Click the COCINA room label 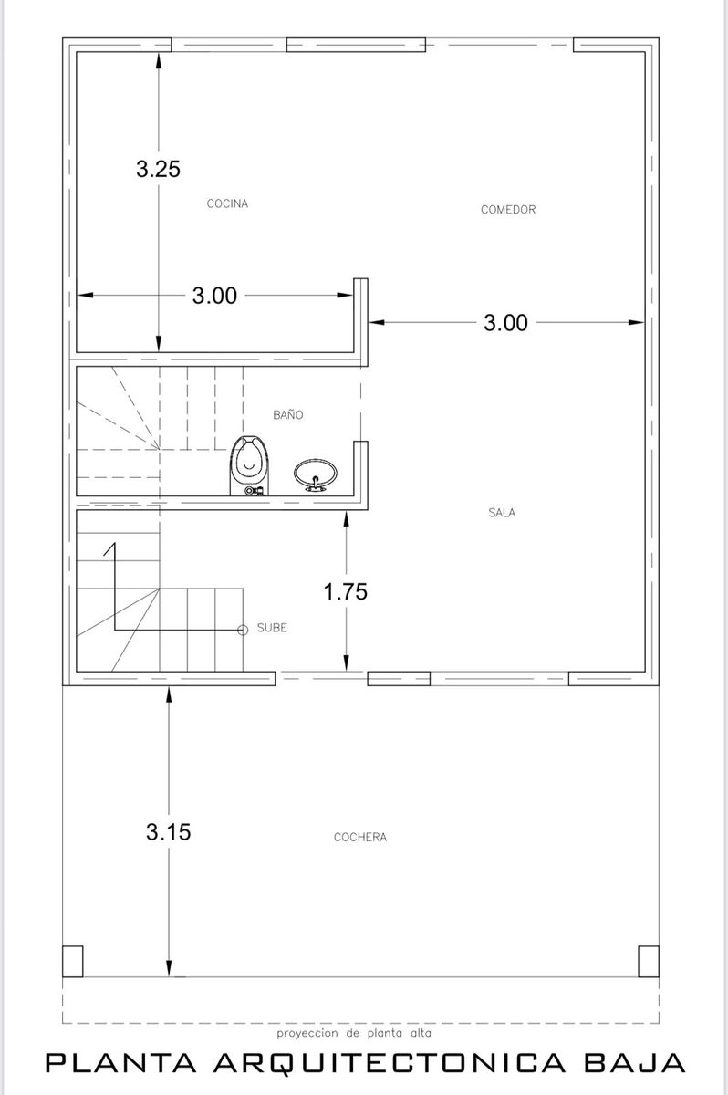[x=227, y=203]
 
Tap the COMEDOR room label [x=508, y=210]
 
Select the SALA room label [x=502, y=513]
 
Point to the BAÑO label [x=287, y=414]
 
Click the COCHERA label [x=360, y=838]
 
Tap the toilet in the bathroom [x=249, y=466]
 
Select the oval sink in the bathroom [x=315, y=474]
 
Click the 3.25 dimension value [x=159, y=169]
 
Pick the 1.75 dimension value [x=346, y=591]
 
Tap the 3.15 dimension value [x=168, y=831]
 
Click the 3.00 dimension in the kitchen [x=214, y=296]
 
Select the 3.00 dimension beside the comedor [x=505, y=323]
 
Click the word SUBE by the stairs [x=272, y=628]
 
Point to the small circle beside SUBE [x=243, y=631]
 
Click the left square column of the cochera [x=73, y=961]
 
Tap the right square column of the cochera [x=649, y=961]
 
